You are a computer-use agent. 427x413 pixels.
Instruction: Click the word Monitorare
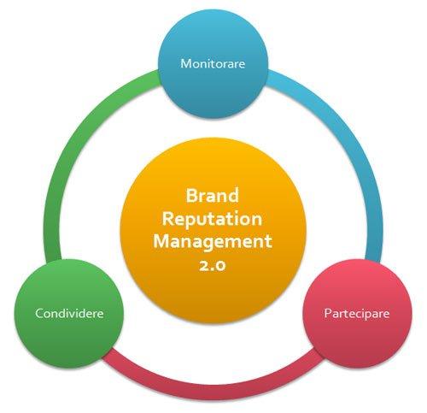(213, 63)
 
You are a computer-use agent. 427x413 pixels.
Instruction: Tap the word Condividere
(69, 313)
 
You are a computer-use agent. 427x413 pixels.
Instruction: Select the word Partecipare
(357, 314)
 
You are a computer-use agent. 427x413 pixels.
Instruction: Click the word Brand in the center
(213, 196)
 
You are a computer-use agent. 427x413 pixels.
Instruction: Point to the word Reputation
(212, 220)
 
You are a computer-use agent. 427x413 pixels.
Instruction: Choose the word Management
(213, 242)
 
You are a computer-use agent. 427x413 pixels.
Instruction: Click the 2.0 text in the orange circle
(213, 265)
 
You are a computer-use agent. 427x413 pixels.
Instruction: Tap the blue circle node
(213, 64)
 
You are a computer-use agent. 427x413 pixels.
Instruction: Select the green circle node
(69, 314)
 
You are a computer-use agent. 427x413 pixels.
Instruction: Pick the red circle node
(357, 314)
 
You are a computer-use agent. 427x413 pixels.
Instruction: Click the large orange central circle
(213, 230)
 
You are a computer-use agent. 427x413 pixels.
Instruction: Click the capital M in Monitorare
(186, 63)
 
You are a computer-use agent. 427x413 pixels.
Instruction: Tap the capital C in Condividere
(39, 313)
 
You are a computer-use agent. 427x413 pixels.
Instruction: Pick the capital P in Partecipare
(328, 313)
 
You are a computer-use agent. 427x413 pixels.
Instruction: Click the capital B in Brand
(191, 196)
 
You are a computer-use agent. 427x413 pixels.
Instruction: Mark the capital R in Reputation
(168, 218)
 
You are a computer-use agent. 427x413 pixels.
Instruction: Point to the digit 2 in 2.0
(203, 266)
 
